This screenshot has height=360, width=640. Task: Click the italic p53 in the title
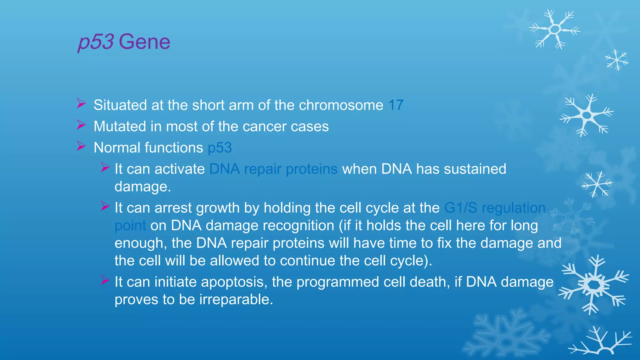point(96,42)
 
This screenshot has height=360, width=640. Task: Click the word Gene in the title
point(144,42)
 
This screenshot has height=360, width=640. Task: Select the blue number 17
point(396,105)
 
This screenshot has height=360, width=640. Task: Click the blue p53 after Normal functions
point(220,148)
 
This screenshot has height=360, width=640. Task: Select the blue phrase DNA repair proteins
point(273,169)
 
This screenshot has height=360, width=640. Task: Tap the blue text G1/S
point(461,208)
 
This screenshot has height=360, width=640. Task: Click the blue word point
point(130,226)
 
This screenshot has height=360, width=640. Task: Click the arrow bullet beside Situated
point(81,103)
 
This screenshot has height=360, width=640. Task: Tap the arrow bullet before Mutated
point(81,125)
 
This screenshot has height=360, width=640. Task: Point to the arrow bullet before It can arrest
point(105,206)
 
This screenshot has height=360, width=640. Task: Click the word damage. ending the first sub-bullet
point(142,187)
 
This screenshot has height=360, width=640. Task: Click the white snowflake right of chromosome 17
point(586,115)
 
